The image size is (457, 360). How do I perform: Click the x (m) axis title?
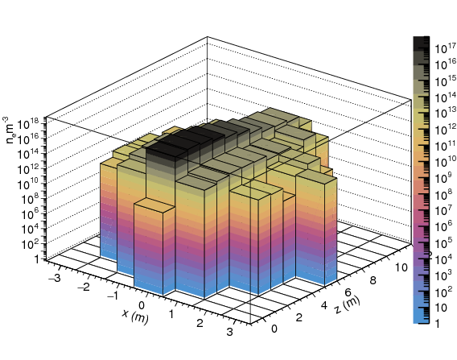click(135, 317)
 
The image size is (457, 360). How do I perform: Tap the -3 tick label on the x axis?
click(55, 277)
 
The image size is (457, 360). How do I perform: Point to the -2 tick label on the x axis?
click(84, 287)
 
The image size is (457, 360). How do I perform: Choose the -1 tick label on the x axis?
click(113, 296)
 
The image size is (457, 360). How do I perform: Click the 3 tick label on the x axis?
click(229, 332)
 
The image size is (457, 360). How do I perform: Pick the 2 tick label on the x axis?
click(200, 323)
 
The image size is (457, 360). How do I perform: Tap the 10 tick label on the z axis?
click(401, 267)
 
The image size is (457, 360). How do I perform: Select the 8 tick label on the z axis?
click(373, 280)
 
